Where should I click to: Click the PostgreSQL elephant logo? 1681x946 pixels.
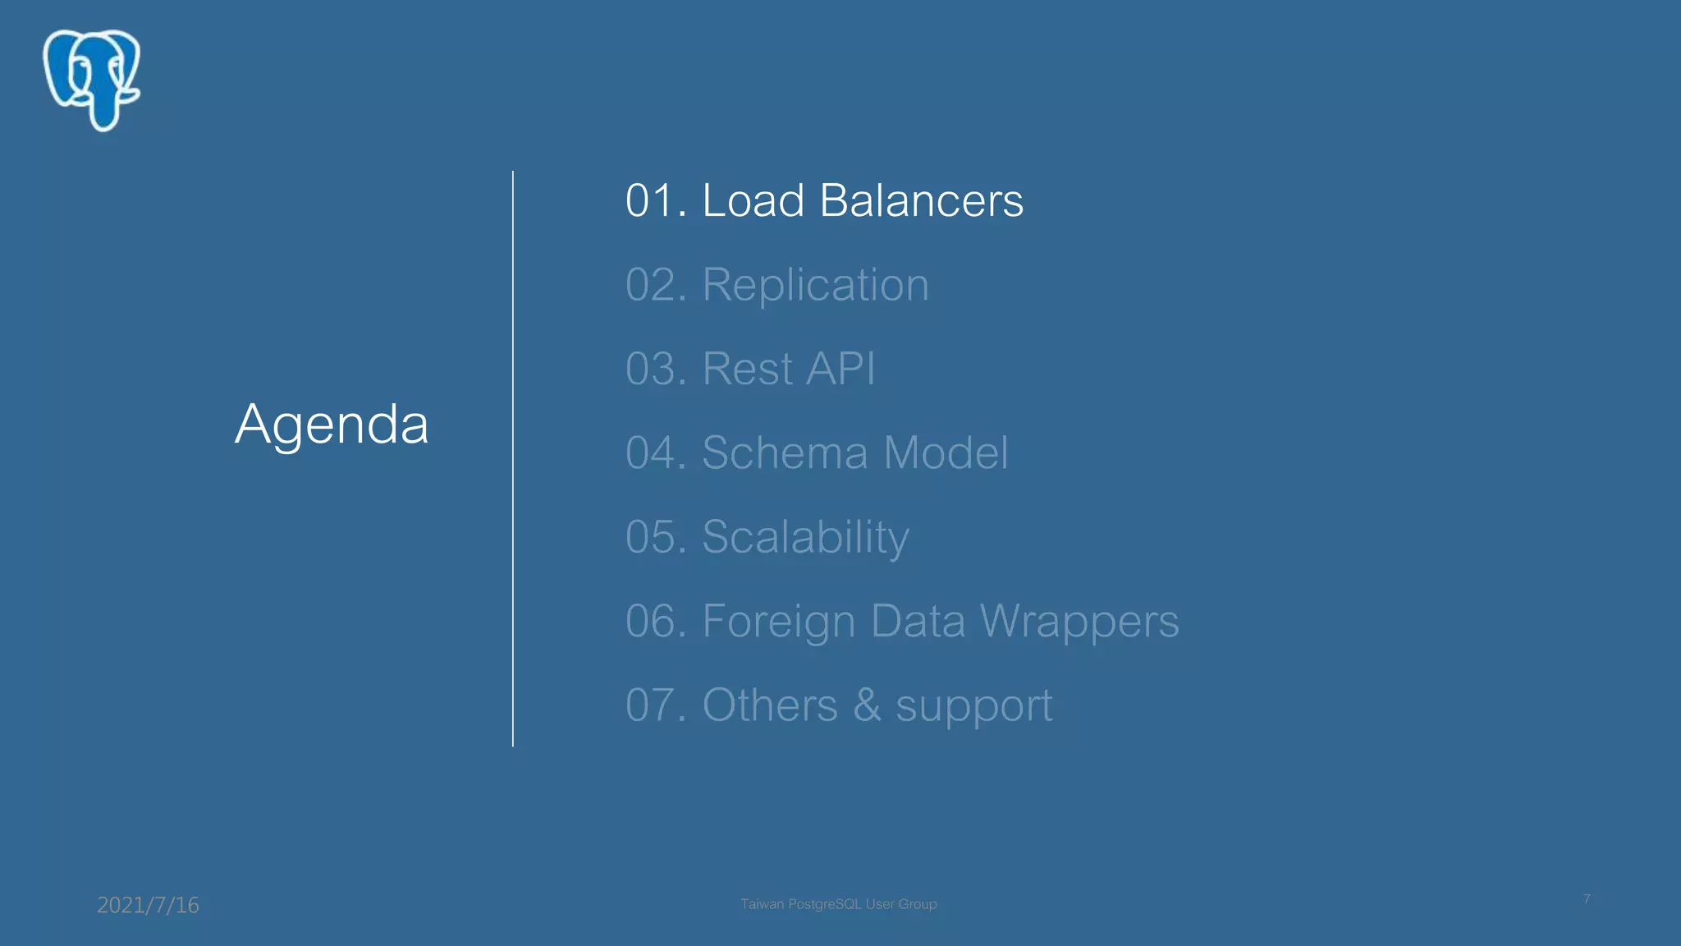[92, 80]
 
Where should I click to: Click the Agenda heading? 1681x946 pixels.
[332, 425]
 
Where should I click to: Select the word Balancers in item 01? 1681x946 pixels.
[921, 200]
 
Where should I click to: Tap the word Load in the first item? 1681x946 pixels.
[753, 200]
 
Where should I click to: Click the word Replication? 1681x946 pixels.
[815, 285]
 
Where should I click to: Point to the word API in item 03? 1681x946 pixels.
[840, 369]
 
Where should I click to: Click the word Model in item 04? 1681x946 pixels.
[946, 452]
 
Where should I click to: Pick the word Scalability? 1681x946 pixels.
[805, 537]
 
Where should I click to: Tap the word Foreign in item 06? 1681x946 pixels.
[778, 621]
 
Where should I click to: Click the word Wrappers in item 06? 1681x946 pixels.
[1079, 621]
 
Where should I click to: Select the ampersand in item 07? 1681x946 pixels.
[867, 705]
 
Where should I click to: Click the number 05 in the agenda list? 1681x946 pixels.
[655, 537]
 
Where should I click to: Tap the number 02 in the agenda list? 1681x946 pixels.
[655, 285]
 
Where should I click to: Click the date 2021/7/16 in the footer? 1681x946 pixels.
[148, 905]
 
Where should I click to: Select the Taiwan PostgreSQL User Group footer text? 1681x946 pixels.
[838, 904]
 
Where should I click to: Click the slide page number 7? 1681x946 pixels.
[1587, 899]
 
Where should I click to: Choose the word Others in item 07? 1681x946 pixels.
[769, 705]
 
